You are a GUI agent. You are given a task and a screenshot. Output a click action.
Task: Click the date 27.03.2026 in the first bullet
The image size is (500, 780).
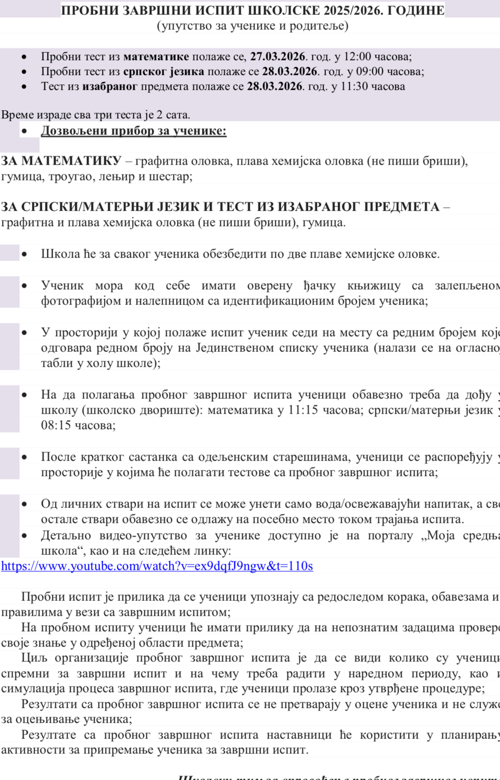278,57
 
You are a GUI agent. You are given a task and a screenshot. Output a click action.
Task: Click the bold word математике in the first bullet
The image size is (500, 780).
156,57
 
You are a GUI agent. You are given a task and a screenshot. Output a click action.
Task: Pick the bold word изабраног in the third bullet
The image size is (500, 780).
110,87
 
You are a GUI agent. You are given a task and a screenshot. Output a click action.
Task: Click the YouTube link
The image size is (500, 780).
157,566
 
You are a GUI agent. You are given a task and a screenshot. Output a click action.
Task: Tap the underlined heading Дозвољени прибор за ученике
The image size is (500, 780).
133,131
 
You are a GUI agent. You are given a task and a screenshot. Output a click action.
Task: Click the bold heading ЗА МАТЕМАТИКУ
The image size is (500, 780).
61,161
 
